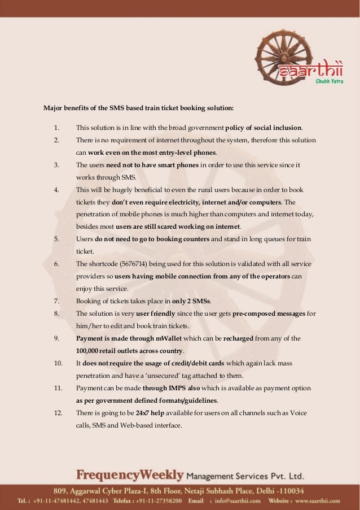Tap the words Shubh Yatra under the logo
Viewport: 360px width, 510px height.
(328, 81)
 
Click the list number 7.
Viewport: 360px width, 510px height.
(57, 300)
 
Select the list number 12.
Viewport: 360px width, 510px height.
(58, 413)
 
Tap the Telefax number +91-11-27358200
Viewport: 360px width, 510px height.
(157, 500)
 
